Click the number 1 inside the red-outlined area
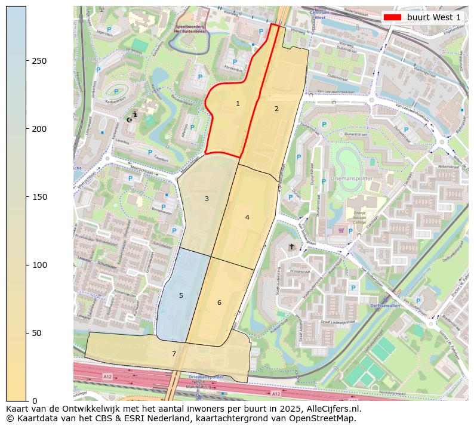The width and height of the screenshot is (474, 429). coord(238,104)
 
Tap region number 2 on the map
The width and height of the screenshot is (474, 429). coord(276,109)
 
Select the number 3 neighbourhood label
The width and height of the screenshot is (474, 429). coord(207,199)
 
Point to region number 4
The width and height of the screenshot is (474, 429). coord(247,217)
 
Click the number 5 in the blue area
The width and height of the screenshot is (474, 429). coord(181,295)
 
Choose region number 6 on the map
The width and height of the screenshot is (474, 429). coord(219,303)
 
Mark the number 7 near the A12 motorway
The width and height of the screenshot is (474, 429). coord(174,354)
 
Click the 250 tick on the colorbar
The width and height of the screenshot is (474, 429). coord(39,61)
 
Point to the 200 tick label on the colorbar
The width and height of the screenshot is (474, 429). coord(39,129)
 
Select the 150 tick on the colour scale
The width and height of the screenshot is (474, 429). coord(39,197)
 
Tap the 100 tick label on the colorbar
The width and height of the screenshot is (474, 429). coord(39,265)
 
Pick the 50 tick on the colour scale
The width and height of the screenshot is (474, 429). coord(36,333)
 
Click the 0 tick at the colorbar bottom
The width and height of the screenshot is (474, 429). coord(34,400)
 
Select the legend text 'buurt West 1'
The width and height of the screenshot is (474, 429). coord(433,17)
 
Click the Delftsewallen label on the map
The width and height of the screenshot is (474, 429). coord(386,305)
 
